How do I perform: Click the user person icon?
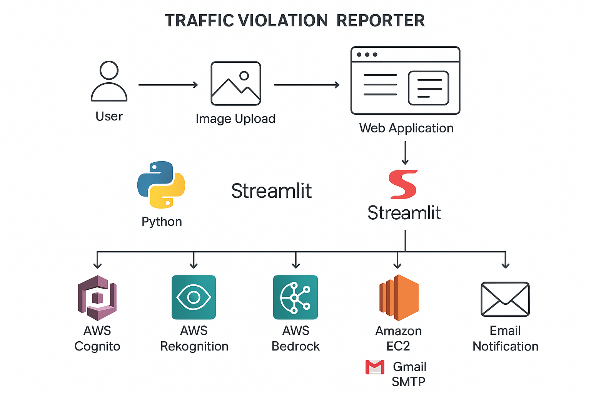coord(109,81)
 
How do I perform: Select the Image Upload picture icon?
coord(236,83)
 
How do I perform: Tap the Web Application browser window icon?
coord(405,81)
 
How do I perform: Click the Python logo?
coord(161,185)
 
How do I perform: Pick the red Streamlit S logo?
coord(403,184)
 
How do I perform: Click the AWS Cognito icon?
coord(97,298)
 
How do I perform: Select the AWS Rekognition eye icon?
coord(194,297)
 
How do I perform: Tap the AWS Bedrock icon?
coord(295,297)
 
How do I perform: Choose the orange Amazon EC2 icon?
coord(399,298)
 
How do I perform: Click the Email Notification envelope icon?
coord(505,299)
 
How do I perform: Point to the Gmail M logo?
coord(375,367)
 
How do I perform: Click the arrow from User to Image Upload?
coord(168,85)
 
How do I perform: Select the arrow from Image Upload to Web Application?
coord(307,85)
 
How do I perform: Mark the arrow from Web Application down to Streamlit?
coord(405,153)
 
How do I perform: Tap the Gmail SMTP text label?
coord(409,374)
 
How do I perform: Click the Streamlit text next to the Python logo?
coord(271,191)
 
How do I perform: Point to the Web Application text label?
coord(406,128)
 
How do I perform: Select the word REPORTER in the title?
coord(381,21)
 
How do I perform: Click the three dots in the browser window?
coord(367,55)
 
